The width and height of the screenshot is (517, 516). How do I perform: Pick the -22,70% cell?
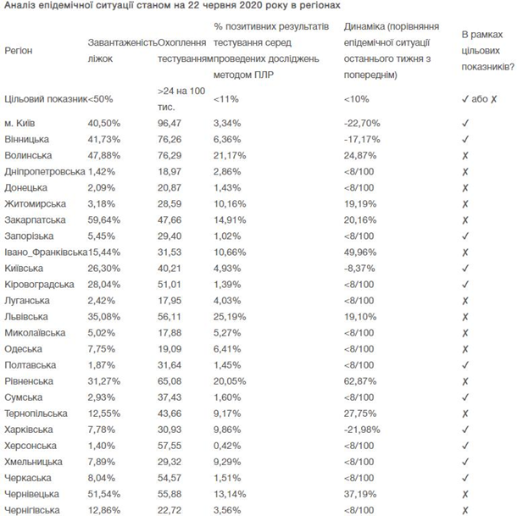click(362, 124)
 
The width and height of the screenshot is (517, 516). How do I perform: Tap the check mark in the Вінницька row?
click(465, 139)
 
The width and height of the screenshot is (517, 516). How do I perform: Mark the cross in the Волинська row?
click(465, 154)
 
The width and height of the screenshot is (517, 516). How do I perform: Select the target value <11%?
click(227, 99)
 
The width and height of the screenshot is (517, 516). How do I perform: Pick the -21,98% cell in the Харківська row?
click(362, 430)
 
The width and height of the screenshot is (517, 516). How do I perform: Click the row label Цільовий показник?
click(44, 99)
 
